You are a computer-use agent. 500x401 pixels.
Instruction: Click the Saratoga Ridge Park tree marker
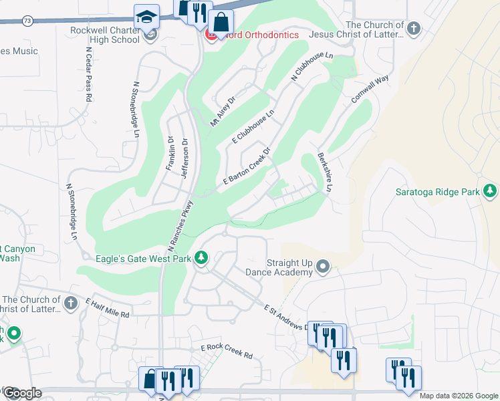(490, 192)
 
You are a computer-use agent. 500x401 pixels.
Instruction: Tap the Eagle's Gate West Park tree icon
(201, 258)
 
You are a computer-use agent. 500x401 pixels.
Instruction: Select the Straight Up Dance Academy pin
(324, 268)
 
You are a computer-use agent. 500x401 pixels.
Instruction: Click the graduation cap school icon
(146, 17)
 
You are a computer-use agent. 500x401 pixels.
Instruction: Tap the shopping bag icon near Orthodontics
(220, 23)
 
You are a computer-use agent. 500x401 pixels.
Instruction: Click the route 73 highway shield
(26, 21)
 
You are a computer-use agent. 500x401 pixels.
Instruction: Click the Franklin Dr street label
(170, 153)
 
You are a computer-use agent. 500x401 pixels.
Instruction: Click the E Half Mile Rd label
(107, 307)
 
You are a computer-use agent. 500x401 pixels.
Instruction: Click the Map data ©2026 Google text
(459, 396)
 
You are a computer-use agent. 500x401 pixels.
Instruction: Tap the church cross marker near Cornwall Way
(414, 29)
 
